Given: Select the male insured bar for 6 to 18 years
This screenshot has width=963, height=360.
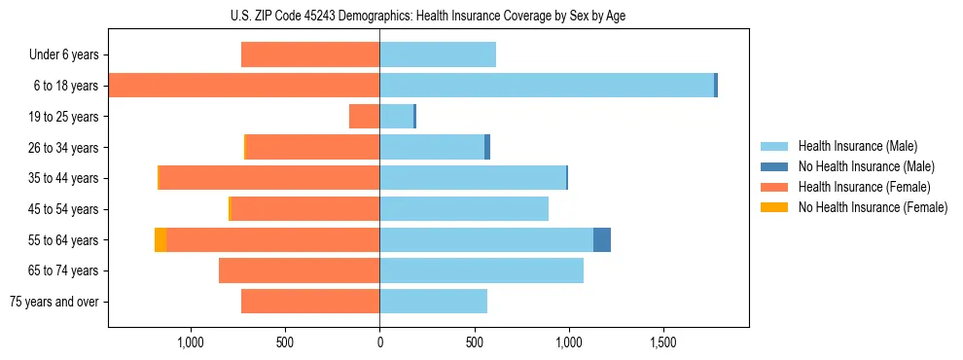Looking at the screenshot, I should [x=547, y=86].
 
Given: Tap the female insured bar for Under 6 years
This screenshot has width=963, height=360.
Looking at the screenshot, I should [x=310, y=54].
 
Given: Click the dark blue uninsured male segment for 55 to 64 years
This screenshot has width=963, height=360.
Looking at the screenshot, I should [x=602, y=239].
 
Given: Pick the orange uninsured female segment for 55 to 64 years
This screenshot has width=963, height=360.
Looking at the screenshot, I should [x=160, y=239].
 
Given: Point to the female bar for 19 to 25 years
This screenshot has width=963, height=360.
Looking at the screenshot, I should [x=365, y=117].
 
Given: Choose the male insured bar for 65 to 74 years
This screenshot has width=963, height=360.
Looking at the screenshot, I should [x=481, y=270].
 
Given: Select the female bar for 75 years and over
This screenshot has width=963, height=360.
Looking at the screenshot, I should [x=310, y=302].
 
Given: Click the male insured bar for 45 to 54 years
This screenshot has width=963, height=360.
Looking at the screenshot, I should [x=464, y=209].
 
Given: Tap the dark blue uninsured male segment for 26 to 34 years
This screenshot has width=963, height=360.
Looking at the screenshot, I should [x=487, y=147].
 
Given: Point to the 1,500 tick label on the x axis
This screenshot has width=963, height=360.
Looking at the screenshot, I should [x=663, y=342].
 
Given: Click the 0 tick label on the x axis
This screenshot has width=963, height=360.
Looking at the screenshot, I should [x=379, y=342].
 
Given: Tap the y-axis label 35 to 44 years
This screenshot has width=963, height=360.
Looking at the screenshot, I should [x=64, y=178].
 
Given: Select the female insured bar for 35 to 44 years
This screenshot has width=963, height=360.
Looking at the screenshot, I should [x=269, y=178].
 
